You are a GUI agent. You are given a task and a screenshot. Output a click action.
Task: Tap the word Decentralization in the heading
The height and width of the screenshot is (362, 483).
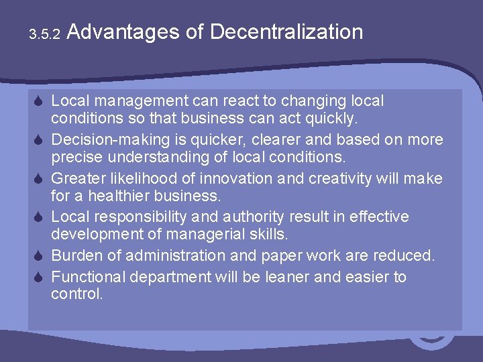click(x=286, y=32)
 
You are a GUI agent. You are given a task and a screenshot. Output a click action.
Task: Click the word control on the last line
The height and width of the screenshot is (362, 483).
click(x=75, y=294)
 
